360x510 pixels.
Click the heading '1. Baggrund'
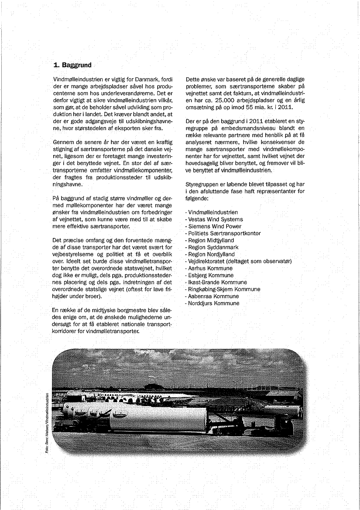[x=72, y=65]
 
